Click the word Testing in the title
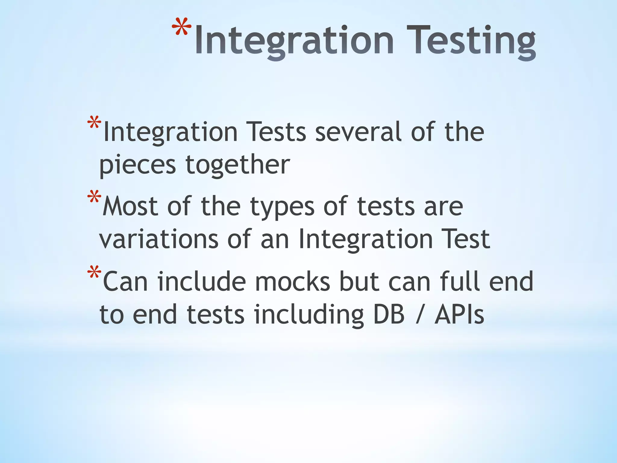(x=471, y=41)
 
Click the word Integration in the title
(x=294, y=41)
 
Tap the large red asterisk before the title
(x=182, y=29)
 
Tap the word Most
(x=130, y=206)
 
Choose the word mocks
(x=292, y=282)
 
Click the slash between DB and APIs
(x=419, y=315)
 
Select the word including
(x=309, y=315)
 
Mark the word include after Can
(x=201, y=282)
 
